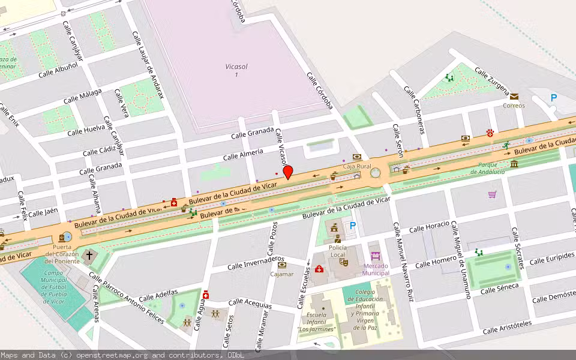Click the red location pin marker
click(288, 172)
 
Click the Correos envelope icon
click(514, 96)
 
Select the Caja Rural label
click(356, 166)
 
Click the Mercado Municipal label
click(376, 269)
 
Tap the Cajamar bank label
click(282, 274)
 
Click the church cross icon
click(89, 256)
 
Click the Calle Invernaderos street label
click(256, 263)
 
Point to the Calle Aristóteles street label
click(507, 327)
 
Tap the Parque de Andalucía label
click(487, 168)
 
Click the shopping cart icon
click(492, 194)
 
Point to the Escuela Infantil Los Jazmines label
click(317, 322)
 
